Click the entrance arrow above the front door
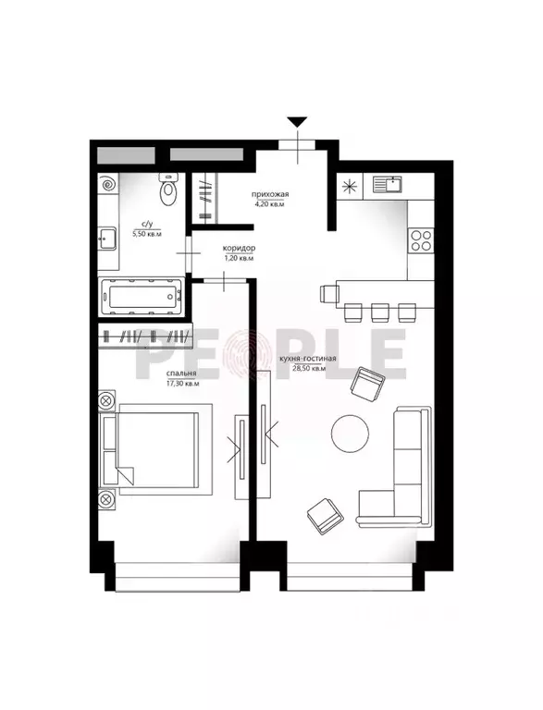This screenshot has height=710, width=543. coord(297,121)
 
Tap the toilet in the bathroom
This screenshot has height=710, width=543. coord(168,190)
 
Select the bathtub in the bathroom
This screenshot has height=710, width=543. coord(142,297)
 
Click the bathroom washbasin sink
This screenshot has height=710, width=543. coord(107,238)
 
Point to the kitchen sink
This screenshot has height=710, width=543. coord(388,184)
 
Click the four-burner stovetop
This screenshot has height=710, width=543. coord(420,240)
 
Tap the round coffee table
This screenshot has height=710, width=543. coord(350,433)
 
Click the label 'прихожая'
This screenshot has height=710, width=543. coord(270,194)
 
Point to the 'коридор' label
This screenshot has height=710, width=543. coord(239,248)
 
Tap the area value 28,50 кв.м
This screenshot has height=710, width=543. coord(310,369)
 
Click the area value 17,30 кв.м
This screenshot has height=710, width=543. coord(182,383)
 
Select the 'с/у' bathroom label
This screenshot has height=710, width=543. coord(146,224)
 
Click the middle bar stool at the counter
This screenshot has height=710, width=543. coord(380,312)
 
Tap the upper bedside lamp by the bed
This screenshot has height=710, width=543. coord(106,400)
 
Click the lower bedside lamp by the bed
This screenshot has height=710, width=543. coord(106,499)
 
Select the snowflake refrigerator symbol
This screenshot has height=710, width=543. coord(351,185)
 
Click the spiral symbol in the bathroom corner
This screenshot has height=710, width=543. coord(109,184)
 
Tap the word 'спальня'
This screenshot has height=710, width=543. coord(181,373)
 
